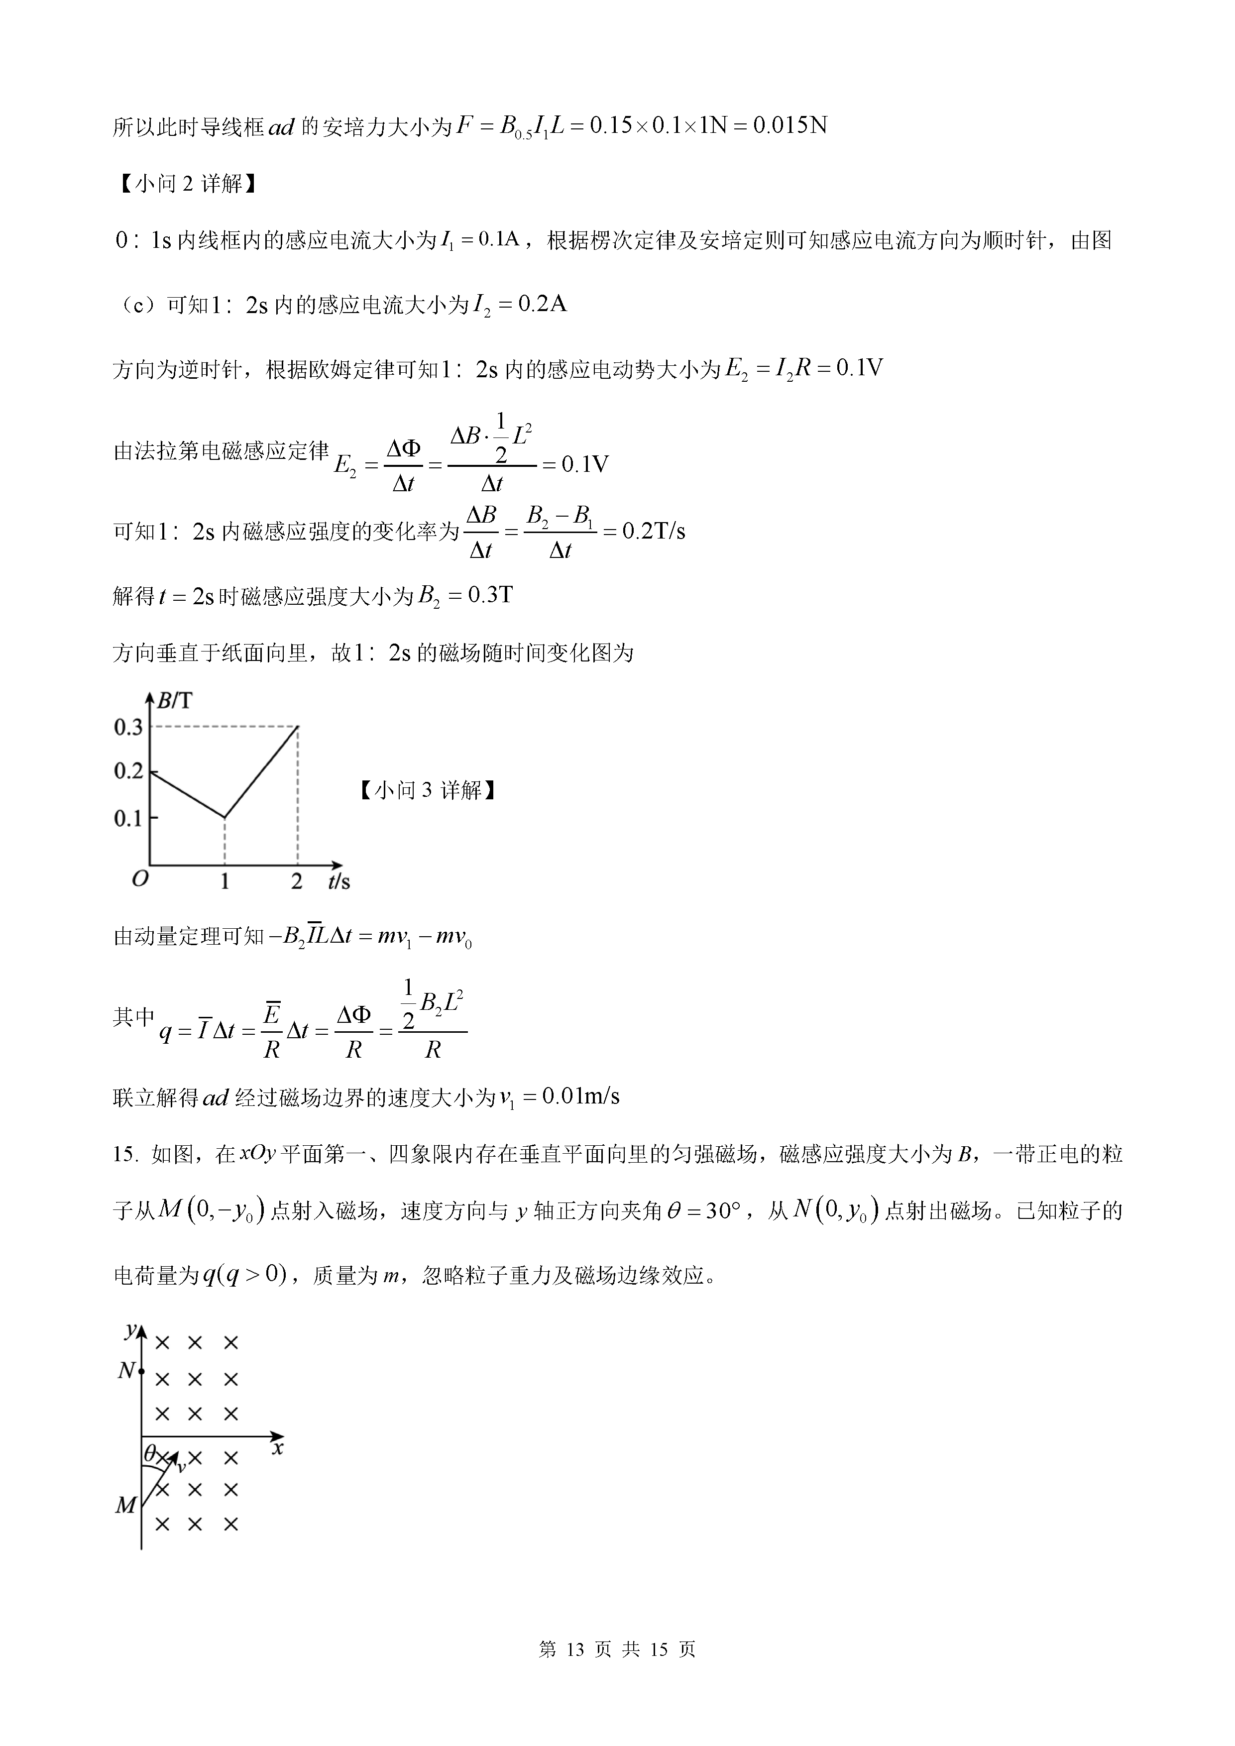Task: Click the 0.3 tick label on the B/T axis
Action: (128, 727)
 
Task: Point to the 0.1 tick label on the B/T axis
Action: (128, 818)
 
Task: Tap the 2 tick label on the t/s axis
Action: (297, 881)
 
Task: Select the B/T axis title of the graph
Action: (174, 700)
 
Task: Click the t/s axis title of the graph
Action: (339, 881)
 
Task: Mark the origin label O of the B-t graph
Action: (140, 880)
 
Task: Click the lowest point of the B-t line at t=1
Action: (225, 817)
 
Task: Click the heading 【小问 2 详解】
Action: (188, 183)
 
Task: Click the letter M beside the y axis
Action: (125, 1505)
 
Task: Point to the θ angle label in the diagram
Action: (150, 1453)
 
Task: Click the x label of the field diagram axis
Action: (278, 1448)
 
